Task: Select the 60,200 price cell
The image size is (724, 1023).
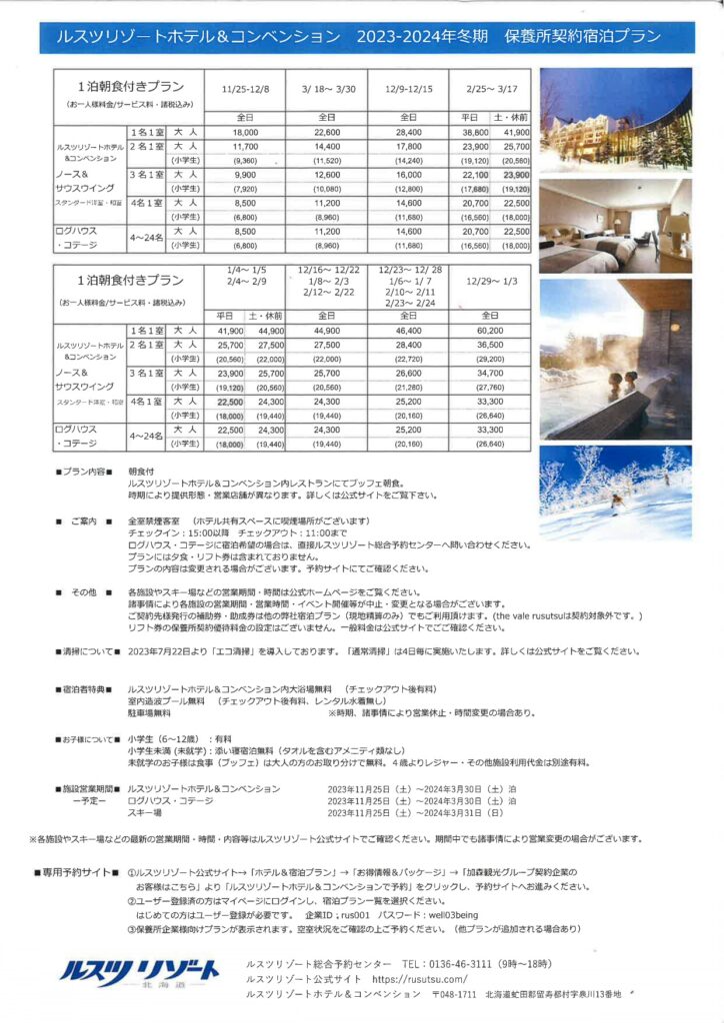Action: click(x=489, y=331)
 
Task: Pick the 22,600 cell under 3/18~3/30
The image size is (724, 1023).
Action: click(x=326, y=132)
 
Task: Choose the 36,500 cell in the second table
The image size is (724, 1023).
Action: click(x=489, y=345)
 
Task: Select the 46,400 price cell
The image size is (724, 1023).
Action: click(x=408, y=331)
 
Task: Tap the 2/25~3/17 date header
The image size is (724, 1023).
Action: click(x=489, y=88)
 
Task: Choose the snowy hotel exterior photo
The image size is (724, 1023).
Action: click(x=614, y=119)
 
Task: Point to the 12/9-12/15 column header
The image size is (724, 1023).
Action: click(x=408, y=88)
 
